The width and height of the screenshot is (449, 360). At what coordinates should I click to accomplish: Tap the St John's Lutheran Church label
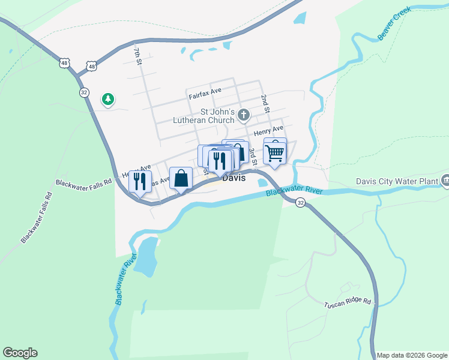[x=204, y=116]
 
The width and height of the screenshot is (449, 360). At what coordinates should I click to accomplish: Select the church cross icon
[x=244, y=114]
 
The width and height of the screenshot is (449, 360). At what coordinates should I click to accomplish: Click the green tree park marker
[x=108, y=99]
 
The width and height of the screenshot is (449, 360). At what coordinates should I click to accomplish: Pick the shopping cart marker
[x=274, y=152]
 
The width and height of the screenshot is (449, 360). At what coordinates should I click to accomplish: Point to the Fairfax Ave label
[x=205, y=93]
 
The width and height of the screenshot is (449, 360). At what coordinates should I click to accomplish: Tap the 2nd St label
[x=265, y=103]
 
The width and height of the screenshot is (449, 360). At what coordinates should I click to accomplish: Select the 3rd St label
[x=254, y=157]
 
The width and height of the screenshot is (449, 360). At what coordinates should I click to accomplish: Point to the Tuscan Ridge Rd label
[x=348, y=304]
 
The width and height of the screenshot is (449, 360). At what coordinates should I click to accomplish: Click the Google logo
[x=20, y=353]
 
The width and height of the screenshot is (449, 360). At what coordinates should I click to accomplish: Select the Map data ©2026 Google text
[x=412, y=355]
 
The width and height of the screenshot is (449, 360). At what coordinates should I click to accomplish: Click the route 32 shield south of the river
[x=301, y=203]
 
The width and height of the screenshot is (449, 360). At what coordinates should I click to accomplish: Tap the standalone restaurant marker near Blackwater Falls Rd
[x=140, y=181]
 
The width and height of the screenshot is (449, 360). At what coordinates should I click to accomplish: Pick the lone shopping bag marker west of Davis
[x=181, y=178]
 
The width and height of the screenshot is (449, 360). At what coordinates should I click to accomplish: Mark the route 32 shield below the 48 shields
[x=84, y=92]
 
